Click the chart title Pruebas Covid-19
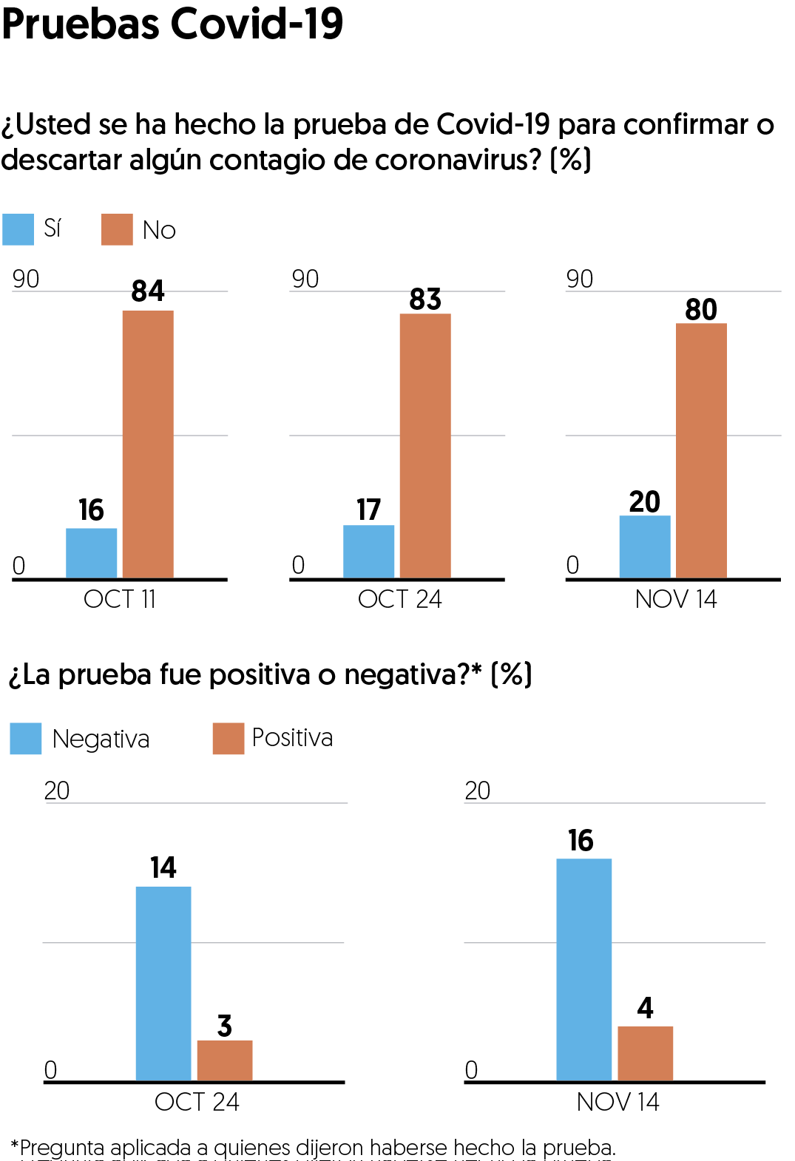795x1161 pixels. coord(172,24)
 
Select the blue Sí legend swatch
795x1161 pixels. coord(18,229)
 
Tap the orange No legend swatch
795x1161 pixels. coord(117,229)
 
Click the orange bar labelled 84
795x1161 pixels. coord(148,444)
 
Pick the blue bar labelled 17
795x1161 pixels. coord(368,552)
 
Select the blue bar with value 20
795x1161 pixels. coord(645,546)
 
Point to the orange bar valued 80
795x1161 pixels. coord(701,450)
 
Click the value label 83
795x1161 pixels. coord(425,299)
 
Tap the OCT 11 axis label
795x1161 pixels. coord(120,599)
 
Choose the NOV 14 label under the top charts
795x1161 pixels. coord(676,599)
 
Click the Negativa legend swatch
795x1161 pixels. coord(26,739)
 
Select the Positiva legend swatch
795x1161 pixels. coord(229,739)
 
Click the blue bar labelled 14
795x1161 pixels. coord(163,984)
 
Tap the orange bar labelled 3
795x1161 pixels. coord(225,1060)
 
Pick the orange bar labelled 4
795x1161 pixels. coord(645,1053)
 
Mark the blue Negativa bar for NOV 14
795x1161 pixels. coord(583,969)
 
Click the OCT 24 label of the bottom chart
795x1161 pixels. coord(197,1102)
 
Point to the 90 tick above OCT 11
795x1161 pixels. coord(26,279)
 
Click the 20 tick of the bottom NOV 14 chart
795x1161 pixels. coord(478,791)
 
